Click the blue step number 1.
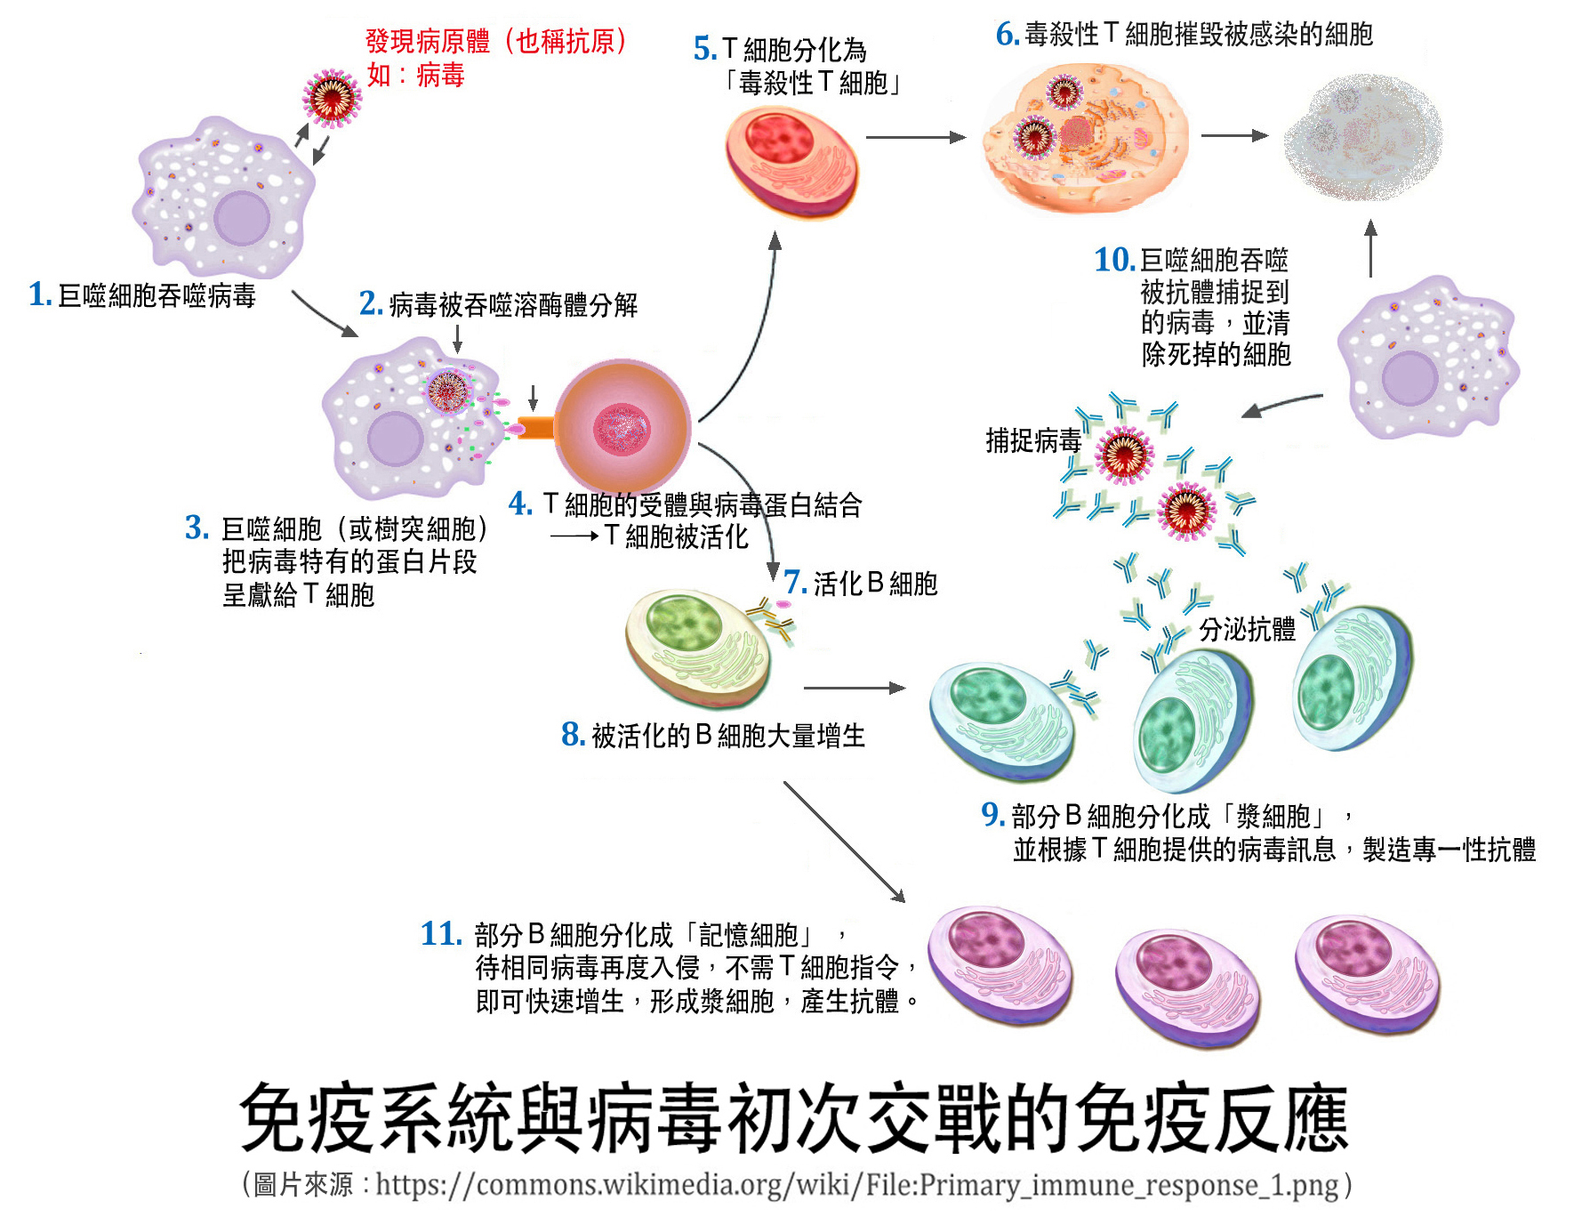pos(39,294)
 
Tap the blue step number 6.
pos(1007,35)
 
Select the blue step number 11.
pos(441,934)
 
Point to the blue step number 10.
pos(1114,261)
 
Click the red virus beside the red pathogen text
pos(332,98)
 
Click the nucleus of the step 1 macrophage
pos(242,218)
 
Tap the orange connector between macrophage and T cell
pos(536,428)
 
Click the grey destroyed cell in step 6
pos(1362,138)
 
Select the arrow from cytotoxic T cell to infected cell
pos(915,137)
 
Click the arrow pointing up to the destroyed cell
pos(1370,249)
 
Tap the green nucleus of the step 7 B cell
pos(684,623)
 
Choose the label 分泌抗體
pos(1247,630)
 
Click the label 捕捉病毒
pos(1032,440)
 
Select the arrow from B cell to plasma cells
pos(854,688)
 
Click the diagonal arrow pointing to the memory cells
pos(844,842)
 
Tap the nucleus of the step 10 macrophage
pos(1409,379)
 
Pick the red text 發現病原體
pos(427,41)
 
